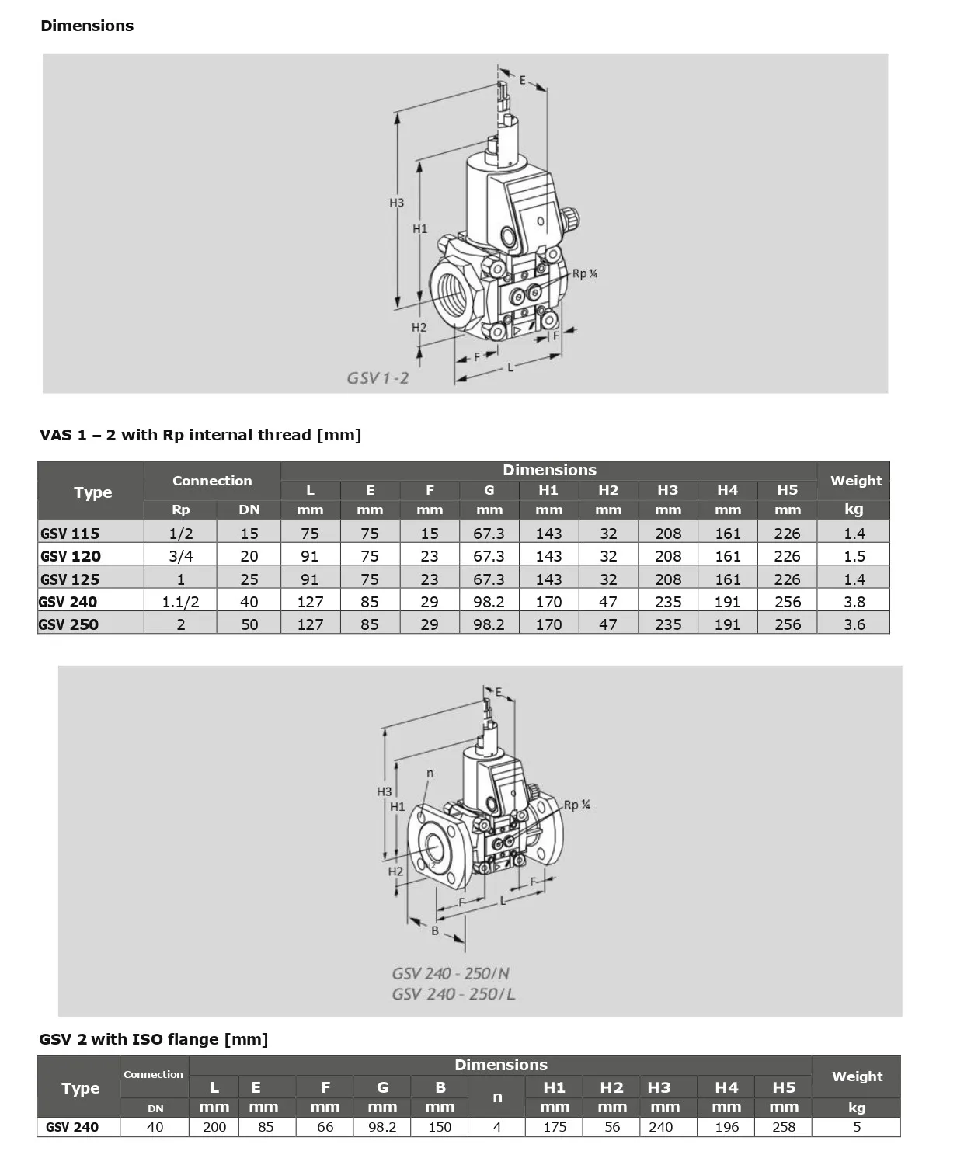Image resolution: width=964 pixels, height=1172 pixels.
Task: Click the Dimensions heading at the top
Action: (x=87, y=26)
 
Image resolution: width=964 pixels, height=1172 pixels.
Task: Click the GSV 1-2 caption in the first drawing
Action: (x=378, y=378)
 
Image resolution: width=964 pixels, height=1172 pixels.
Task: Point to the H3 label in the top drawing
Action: (x=396, y=203)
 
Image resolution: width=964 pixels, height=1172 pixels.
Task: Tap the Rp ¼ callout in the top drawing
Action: (x=585, y=273)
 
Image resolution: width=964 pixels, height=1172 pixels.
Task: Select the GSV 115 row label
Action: (x=70, y=534)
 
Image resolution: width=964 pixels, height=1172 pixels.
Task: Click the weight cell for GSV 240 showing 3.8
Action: (x=854, y=602)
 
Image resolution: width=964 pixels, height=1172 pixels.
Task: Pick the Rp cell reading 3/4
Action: (x=180, y=556)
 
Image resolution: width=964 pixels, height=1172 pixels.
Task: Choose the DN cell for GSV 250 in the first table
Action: (x=249, y=624)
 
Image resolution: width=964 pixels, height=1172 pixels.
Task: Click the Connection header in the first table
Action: (x=212, y=481)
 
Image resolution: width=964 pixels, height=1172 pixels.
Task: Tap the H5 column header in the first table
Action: (x=787, y=490)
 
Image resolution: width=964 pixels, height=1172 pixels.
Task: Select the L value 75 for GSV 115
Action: (x=310, y=534)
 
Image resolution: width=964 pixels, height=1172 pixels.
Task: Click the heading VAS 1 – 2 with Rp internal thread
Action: (x=200, y=435)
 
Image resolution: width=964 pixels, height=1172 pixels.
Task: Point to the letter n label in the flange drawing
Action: (x=430, y=773)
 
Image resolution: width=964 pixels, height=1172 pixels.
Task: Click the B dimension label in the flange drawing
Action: (x=435, y=930)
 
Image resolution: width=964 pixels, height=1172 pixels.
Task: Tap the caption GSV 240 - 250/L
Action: (x=453, y=994)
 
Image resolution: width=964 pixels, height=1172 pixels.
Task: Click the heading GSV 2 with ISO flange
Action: (x=153, y=1039)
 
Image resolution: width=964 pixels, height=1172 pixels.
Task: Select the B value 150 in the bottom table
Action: (x=440, y=1127)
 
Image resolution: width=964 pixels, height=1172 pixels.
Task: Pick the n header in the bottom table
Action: (x=497, y=1097)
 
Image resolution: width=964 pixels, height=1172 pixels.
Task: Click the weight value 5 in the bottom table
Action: (x=857, y=1127)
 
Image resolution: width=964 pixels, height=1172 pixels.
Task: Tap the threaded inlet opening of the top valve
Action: (x=451, y=294)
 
